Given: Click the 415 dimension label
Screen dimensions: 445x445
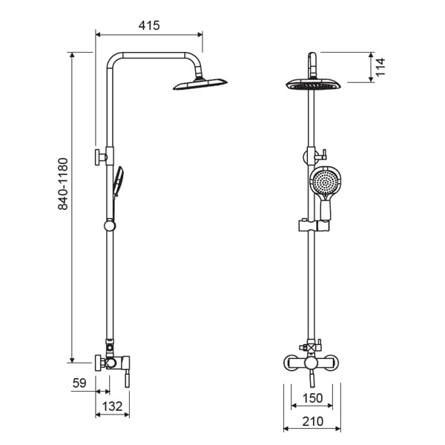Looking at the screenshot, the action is pyautogui.click(x=149, y=25).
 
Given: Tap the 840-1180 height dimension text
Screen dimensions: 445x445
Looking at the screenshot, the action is pyautogui.click(x=63, y=184).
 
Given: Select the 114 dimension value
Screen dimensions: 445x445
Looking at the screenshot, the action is pyautogui.click(x=380, y=67).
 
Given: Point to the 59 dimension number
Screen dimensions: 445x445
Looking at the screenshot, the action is pyautogui.click(x=79, y=383).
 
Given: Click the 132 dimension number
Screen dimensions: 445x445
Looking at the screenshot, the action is pyautogui.click(x=112, y=406).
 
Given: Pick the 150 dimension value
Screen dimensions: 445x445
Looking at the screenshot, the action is pyautogui.click(x=312, y=398).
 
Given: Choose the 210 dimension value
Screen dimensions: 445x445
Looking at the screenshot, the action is pyautogui.click(x=312, y=421).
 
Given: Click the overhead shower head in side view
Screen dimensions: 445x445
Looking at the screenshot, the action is pyautogui.click(x=200, y=84).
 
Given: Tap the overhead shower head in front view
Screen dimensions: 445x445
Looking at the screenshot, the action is pyautogui.click(x=313, y=85).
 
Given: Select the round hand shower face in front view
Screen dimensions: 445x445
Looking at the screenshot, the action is pyautogui.click(x=324, y=181).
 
